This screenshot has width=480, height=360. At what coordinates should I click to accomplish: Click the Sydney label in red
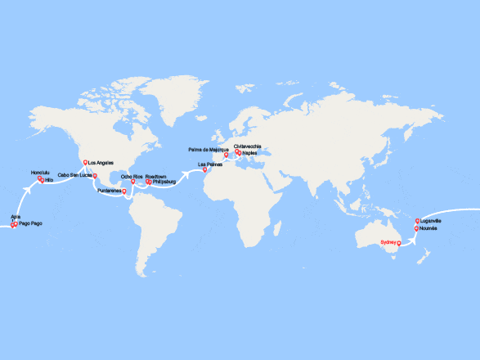388,242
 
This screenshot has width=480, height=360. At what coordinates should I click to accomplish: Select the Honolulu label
40,173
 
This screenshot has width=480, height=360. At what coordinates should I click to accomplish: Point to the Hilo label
48,180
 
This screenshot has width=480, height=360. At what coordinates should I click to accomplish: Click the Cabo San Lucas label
74,175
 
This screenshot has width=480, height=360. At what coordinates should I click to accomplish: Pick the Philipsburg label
164,182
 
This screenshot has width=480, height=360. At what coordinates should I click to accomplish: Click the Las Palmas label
211,164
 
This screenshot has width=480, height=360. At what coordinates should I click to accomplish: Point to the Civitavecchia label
247,146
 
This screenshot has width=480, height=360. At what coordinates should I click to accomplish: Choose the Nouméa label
429,228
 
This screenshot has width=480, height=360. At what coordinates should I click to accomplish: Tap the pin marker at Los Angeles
85,162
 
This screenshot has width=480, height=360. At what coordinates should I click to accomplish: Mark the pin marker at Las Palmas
194,169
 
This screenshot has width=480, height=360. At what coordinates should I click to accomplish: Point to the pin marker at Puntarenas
123,191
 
